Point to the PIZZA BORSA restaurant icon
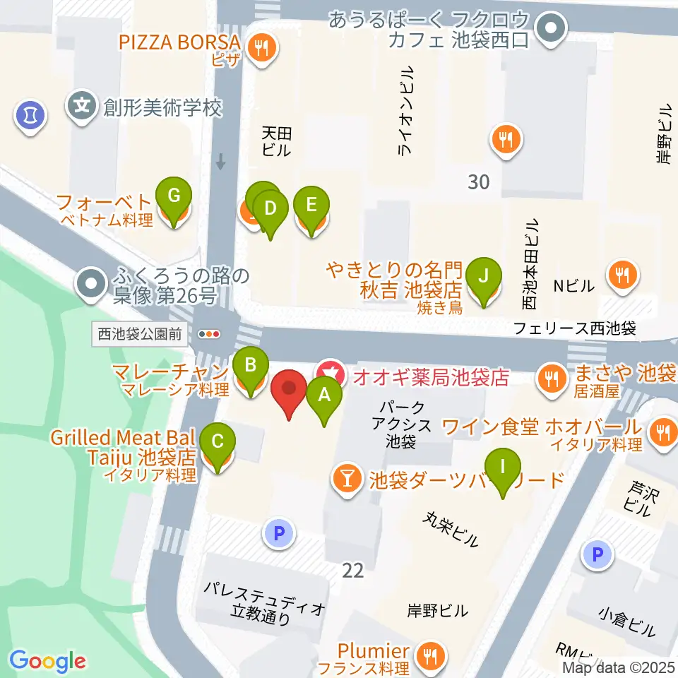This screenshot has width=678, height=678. [265, 48]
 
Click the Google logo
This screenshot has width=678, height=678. [47, 662]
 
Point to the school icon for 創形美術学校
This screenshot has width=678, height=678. [82, 107]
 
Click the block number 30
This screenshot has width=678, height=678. [478, 182]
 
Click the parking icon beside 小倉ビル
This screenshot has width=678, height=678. [597, 556]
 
